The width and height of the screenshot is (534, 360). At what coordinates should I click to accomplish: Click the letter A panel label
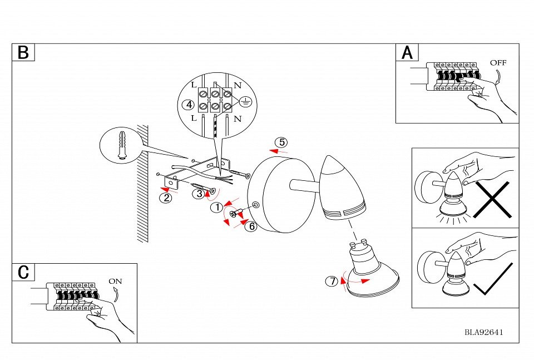(x=408, y=52)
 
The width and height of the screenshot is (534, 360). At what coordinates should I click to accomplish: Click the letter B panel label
(x=23, y=52)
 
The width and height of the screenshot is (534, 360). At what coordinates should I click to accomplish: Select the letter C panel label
(x=23, y=272)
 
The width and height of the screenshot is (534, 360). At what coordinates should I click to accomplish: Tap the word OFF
(x=498, y=62)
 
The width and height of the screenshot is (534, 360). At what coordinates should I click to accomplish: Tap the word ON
(x=115, y=281)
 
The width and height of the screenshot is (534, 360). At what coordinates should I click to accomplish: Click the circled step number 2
(x=165, y=196)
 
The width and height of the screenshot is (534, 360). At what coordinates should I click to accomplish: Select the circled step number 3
(x=199, y=194)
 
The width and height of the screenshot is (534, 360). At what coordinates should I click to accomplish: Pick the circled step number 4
(x=189, y=104)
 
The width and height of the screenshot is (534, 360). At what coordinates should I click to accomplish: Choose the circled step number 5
(x=283, y=141)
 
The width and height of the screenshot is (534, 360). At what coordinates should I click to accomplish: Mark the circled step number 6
(x=251, y=226)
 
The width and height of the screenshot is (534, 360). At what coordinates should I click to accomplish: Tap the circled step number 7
(x=332, y=282)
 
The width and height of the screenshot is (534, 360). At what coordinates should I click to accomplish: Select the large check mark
(x=492, y=279)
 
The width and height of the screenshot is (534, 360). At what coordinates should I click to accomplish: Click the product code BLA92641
(x=484, y=333)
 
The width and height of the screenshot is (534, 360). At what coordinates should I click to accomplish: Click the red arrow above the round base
(x=278, y=150)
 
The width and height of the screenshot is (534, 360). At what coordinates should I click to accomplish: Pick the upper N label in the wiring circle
(x=238, y=85)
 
